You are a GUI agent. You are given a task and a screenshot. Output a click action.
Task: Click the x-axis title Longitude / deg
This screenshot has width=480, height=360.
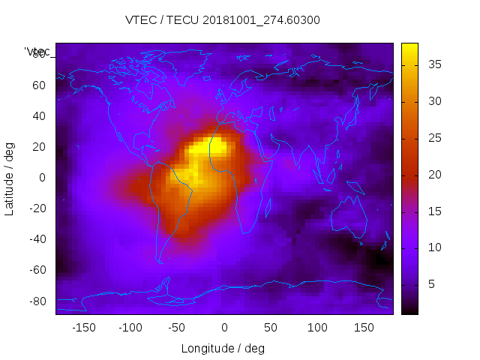point(223,348)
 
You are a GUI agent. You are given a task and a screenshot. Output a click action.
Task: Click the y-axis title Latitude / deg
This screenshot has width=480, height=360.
point(10,177)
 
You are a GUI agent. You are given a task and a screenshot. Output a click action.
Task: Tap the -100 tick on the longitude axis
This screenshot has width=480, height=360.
point(130,328)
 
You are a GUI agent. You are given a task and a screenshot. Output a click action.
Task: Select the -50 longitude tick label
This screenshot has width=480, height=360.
point(177,328)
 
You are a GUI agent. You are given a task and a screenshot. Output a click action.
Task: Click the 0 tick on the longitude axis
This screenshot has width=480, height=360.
point(224,328)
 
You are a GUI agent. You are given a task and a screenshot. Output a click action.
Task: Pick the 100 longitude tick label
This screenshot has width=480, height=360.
point(317,328)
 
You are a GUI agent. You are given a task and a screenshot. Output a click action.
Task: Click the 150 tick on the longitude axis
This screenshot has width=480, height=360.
point(364,328)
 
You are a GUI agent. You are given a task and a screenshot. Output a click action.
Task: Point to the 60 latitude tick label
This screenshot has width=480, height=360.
point(39,85)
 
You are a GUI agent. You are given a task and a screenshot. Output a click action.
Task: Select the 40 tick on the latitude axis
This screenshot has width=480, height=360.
point(39,115)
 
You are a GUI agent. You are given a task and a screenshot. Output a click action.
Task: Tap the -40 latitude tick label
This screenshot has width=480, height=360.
point(37,239)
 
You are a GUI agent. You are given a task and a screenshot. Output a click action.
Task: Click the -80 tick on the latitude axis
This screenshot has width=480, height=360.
point(37,301)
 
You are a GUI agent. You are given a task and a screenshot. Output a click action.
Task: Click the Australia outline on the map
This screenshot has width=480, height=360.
point(349,217)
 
